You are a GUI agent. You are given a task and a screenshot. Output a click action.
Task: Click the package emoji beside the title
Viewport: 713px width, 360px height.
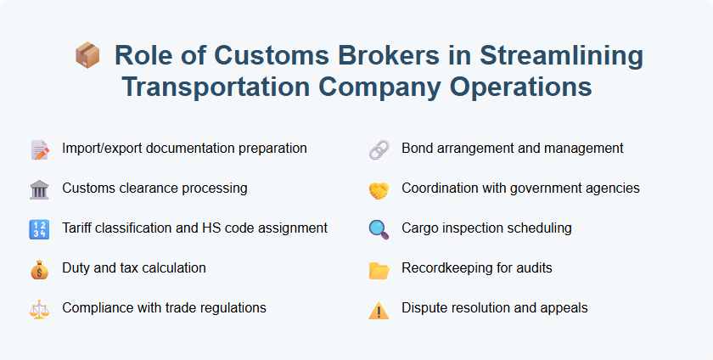tap(87, 57)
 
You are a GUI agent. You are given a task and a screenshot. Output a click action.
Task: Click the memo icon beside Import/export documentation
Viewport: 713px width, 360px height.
tap(39, 149)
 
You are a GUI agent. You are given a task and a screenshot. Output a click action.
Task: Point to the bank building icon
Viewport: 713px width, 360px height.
tap(39, 189)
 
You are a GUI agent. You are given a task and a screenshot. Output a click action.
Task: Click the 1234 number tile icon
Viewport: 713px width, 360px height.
tap(39, 229)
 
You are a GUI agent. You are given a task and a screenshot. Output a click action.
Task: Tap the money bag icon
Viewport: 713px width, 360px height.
tap(39, 269)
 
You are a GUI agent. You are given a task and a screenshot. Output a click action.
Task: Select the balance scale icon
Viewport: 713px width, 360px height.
tap(39, 309)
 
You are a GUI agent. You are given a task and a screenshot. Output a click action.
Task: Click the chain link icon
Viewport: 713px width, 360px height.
tap(379, 149)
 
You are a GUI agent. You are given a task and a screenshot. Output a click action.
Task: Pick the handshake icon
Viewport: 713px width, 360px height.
tap(379, 189)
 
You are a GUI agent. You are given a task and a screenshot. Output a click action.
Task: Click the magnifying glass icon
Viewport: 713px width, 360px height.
tap(379, 229)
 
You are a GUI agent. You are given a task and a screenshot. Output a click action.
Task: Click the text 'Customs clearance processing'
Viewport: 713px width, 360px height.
tap(154, 188)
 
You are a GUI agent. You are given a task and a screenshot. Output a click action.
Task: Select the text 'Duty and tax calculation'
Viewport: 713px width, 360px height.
tap(133, 267)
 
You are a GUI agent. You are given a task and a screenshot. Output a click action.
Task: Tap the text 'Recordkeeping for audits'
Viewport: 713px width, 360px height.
tap(476, 267)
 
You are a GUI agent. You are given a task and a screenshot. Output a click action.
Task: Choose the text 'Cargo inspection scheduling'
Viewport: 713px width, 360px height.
tap(486, 228)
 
